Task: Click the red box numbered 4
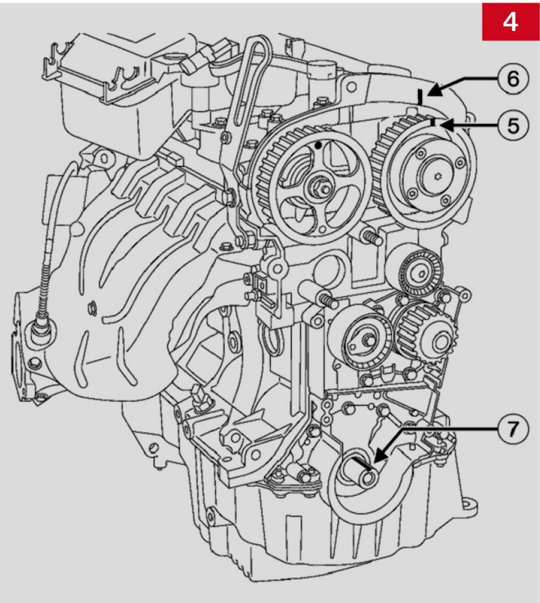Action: [x=511, y=21]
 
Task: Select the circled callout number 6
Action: [x=513, y=79]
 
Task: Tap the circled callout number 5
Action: [x=513, y=125]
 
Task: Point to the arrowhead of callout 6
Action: [x=434, y=90]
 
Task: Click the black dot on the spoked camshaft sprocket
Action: [x=318, y=146]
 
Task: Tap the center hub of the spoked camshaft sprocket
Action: [x=320, y=186]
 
